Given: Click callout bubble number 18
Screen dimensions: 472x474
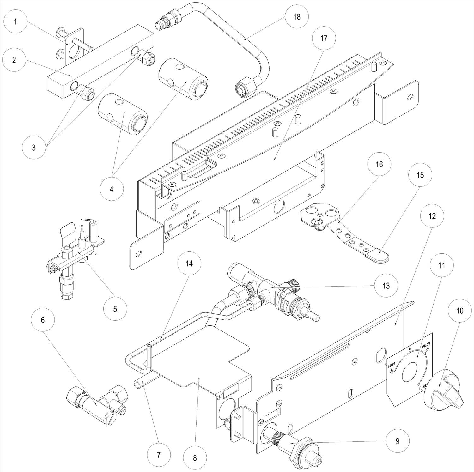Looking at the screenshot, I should tap(297, 16).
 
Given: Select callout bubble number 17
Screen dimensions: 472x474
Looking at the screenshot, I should tap(324, 38).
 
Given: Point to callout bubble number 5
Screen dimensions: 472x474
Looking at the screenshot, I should tap(115, 309).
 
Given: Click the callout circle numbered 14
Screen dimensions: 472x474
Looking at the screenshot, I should tap(189, 263).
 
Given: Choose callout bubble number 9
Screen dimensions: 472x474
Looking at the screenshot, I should tap(398, 441).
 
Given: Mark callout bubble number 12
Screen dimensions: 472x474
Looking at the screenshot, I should tap(432, 216).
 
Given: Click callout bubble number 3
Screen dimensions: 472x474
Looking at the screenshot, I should tap(34, 147).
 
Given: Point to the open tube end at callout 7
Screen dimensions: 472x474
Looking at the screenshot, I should tap(137, 384).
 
